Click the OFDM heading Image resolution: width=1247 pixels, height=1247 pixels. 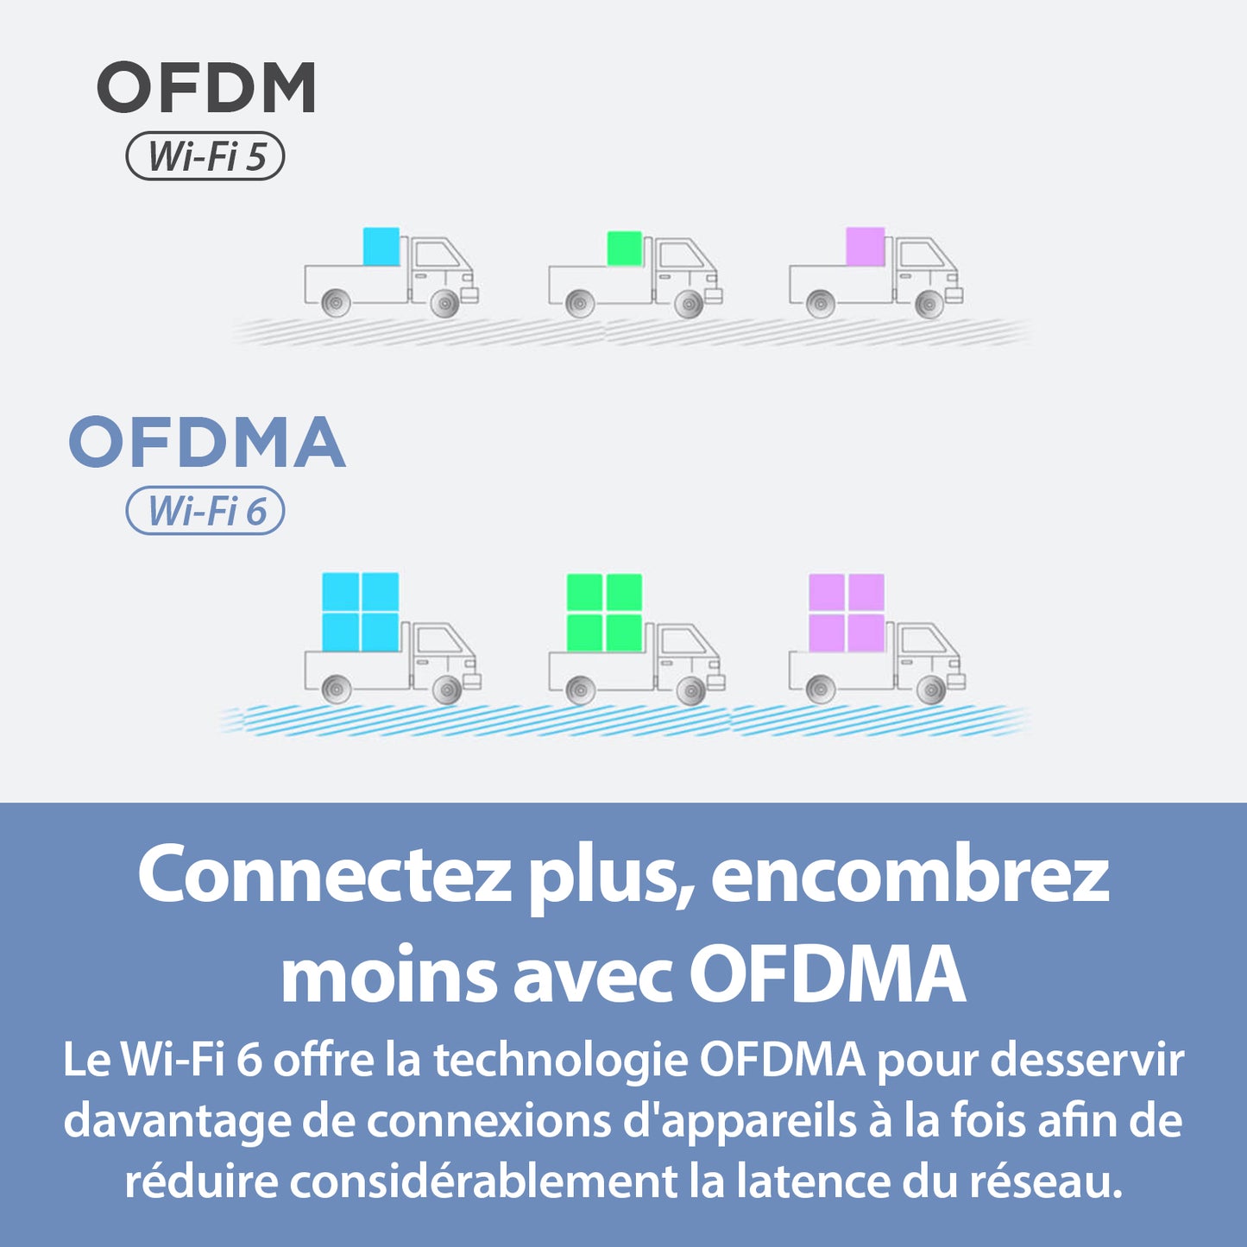point(206,87)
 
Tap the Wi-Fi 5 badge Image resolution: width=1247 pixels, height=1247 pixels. point(205,157)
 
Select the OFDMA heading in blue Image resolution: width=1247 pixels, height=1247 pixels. point(207,442)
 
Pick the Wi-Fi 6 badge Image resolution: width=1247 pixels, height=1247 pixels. point(205,511)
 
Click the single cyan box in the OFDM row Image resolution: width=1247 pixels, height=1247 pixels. point(381,247)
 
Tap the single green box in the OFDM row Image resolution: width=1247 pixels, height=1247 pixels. point(625,249)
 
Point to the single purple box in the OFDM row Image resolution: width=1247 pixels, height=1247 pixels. point(865,247)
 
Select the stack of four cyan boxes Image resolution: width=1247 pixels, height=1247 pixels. point(361,612)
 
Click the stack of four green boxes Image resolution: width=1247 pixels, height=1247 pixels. point(604,612)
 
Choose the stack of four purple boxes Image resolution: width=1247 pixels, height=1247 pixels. point(847,612)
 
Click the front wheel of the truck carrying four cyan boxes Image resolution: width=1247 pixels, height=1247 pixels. point(446,690)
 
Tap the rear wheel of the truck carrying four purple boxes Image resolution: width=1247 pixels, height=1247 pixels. point(821,690)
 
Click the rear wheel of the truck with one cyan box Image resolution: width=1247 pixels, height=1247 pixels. point(336,303)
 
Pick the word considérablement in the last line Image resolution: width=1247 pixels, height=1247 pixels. point(483,1181)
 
